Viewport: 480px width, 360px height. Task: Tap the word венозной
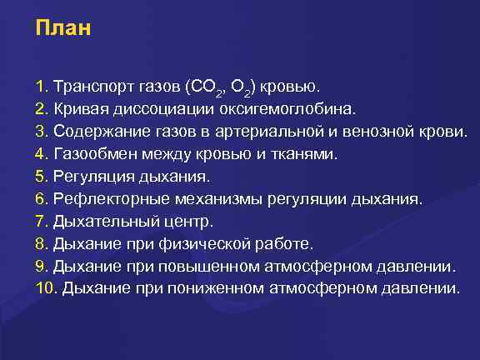click(390, 132)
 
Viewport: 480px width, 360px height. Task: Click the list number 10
click(45, 289)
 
